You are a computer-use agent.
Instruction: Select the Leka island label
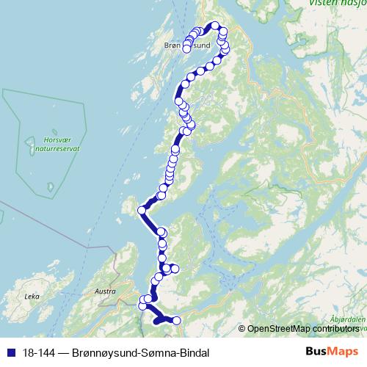click(31, 297)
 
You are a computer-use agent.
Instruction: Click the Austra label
click(106, 291)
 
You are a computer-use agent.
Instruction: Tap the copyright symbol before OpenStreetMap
click(242, 328)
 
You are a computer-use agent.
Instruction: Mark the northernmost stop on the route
click(216, 25)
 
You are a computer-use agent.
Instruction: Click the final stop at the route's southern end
click(176, 319)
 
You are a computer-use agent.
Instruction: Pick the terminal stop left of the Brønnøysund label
click(186, 48)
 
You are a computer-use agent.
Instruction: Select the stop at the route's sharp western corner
click(142, 210)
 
